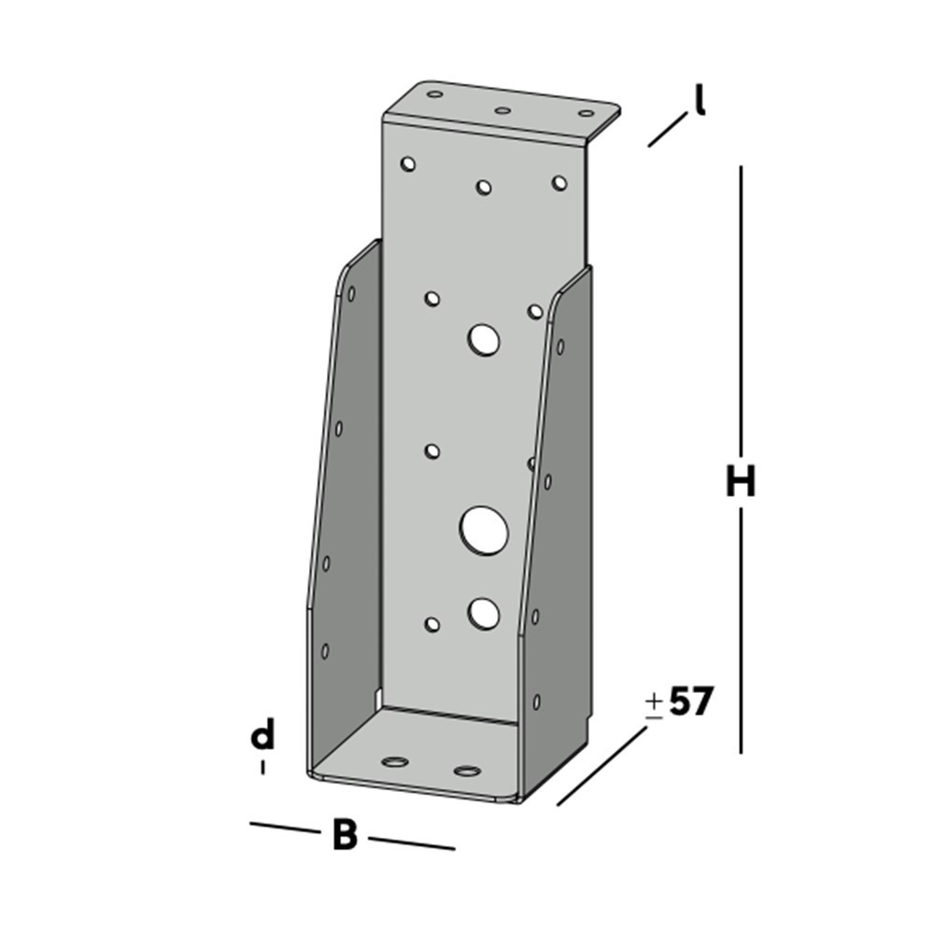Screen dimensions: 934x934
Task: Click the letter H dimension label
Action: pyautogui.click(x=741, y=483)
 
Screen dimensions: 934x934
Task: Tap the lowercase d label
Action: pyautogui.click(x=263, y=737)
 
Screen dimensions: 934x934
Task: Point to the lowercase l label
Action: pyautogui.click(x=698, y=100)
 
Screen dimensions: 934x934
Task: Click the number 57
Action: pyautogui.click(x=691, y=702)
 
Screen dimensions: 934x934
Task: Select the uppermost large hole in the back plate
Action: pyautogui.click(x=484, y=340)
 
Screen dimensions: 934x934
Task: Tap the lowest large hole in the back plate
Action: pyautogui.click(x=483, y=613)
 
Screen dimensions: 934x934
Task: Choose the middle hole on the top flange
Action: pyautogui.click(x=502, y=110)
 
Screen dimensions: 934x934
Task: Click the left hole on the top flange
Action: pyautogui.click(x=434, y=94)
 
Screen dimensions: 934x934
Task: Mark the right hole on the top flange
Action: pyautogui.click(x=586, y=114)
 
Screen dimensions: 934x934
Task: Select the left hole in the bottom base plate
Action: pyautogui.click(x=396, y=761)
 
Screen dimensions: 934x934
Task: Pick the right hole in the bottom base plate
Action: pyautogui.click(x=466, y=771)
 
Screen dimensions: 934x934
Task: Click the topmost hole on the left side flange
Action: pyautogui.click(x=351, y=293)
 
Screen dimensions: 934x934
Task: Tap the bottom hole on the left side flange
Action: pyautogui.click(x=325, y=650)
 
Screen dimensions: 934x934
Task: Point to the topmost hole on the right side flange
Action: pyautogui.click(x=559, y=347)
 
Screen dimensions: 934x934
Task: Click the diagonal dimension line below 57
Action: pyautogui.click(x=601, y=766)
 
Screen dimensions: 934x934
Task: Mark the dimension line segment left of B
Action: pyautogui.click(x=284, y=828)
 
